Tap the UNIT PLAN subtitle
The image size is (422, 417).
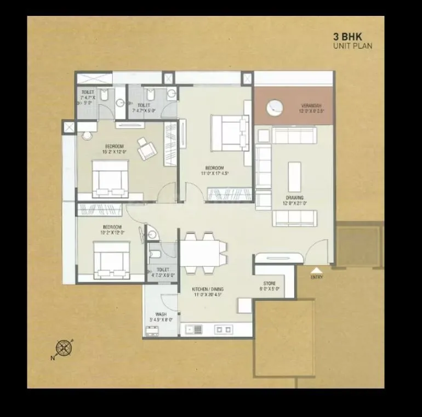pos(353,46)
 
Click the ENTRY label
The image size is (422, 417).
pos(317,277)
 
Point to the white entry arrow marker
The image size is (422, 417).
pos(317,270)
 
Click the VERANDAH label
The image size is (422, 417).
pos(311,105)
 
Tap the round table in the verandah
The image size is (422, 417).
pos(275,107)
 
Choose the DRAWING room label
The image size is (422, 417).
pos(294,198)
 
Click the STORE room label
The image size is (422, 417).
pos(269,283)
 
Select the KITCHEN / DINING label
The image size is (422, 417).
pos(208,289)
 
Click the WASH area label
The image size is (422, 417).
pos(161,315)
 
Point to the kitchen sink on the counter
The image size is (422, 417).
pos(194,329)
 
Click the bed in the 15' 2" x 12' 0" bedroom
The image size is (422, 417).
pos(110,178)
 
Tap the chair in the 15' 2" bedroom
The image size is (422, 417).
pos(146,147)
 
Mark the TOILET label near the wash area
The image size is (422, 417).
pos(162,270)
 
